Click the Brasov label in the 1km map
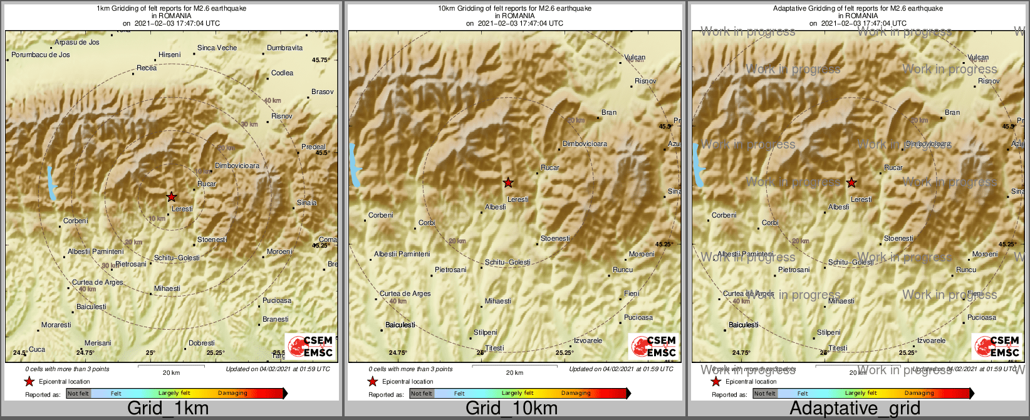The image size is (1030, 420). (x=322, y=92)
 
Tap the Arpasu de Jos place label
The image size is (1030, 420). (x=76, y=43)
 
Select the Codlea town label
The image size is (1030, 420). (x=282, y=73)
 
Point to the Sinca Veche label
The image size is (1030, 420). (x=217, y=48)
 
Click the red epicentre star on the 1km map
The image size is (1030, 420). (x=171, y=197)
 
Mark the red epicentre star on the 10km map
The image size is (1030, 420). (x=508, y=183)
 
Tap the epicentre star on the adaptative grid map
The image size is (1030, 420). (x=851, y=183)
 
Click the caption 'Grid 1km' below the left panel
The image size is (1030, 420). (x=168, y=409)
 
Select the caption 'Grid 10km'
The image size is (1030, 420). (x=511, y=409)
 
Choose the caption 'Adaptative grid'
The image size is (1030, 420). (x=855, y=409)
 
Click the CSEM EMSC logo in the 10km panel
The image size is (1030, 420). (x=653, y=346)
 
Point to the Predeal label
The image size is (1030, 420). (x=313, y=147)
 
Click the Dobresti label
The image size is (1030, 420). (x=201, y=344)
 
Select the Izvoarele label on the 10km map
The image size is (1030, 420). (x=588, y=341)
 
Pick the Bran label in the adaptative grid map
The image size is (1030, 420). (x=952, y=113)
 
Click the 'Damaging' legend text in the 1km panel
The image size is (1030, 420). (x=232, y=394)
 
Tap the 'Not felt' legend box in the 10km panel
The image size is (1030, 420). (x=422, y=394)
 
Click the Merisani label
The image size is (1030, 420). (x=98, y=344)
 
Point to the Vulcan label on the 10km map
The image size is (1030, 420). (x=635, y=58)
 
